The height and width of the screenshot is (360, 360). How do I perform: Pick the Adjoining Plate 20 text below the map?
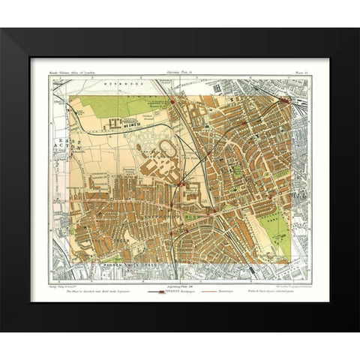(x=180, y=280)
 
